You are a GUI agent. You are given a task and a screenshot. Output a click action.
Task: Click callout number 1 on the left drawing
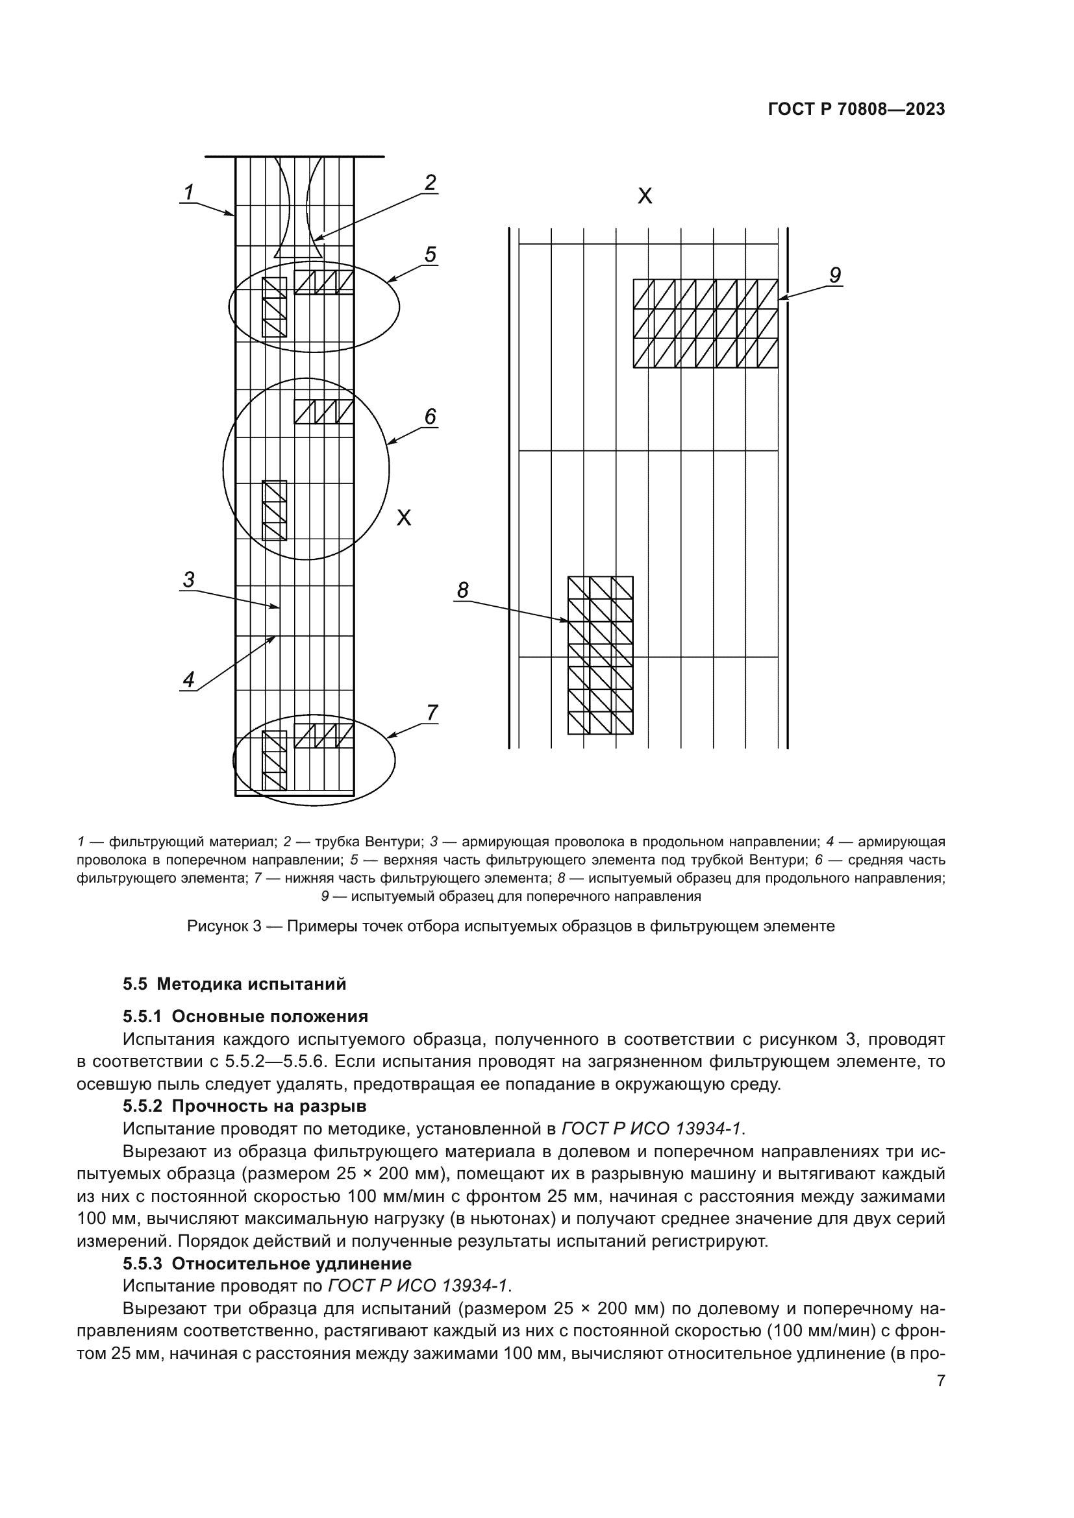188,192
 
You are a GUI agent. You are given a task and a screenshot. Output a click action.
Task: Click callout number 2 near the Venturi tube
431,182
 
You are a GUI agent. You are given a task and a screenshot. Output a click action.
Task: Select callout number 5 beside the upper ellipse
431,254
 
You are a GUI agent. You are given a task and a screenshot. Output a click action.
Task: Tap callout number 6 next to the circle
431,416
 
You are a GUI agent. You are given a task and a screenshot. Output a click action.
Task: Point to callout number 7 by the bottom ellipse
432,712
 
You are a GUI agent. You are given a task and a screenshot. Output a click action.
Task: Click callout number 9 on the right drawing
834,275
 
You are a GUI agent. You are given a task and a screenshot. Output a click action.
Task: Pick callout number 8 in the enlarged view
463,590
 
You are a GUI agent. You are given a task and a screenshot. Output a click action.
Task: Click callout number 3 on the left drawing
188,580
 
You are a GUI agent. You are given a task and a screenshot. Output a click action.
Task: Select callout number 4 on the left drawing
189,679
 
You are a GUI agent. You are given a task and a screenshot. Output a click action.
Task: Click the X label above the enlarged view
644,196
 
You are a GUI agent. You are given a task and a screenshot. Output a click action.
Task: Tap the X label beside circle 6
403,518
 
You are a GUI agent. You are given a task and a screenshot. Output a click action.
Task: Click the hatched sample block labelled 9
705,323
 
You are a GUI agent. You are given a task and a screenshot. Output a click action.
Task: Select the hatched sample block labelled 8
600,655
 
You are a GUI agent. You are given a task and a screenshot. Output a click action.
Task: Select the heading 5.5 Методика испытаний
234,984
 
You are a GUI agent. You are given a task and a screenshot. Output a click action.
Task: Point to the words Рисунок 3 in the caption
223,925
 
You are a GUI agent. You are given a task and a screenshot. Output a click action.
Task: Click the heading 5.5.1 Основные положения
245,1016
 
